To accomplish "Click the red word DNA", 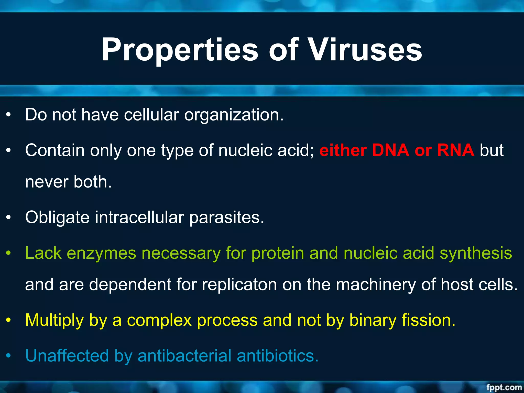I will [390, 150].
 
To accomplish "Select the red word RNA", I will [456, 150].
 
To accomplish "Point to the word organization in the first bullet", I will [234, 115].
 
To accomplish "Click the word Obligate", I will [57, 218].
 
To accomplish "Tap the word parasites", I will [227, 218].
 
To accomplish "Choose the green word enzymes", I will [101, 253].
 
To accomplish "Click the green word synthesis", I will [476, 253].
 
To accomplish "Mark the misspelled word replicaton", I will [239, 285].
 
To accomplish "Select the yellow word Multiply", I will [54, 320].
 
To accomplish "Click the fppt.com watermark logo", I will [504, 387].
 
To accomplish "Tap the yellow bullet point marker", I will [9, 320].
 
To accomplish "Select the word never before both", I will [47, 182].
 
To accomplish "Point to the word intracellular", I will [139, 218].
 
